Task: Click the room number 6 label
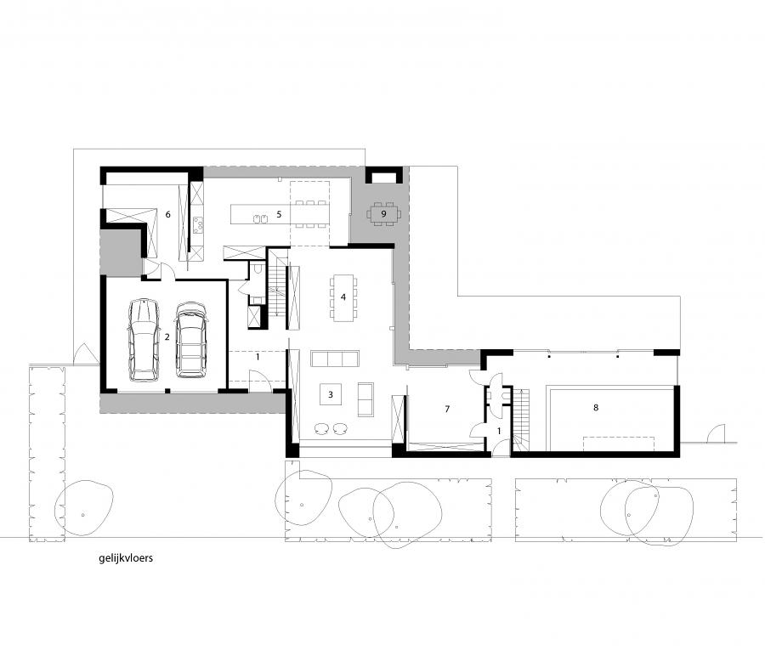pyautogui.click(x=167, y=214)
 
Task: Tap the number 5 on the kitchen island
pyautogui.click(x=279, y=214)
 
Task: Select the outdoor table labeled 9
pyautogui.click(x=383, y=213)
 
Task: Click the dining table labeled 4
pyautogui.click(x=343, y=297)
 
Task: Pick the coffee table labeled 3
pyautogui.click(x=331, y=394)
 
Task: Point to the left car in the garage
pyautogui.click(x=144, y=340)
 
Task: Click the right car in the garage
pyautogui.click(x=191, y=340)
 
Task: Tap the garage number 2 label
pyautogui.click(x=167, y=337)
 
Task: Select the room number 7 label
pyautogui.click(x=447, y=409)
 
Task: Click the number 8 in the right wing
pyautogui.click(x=596, y=407)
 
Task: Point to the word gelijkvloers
pyautogui.click(x=126, y=558)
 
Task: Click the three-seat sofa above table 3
pyautogui.click(x=335, y=359)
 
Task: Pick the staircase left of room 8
pyautogui.click(x=520, y=421)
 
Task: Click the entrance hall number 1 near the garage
pyautogui.click(x=258, y=357)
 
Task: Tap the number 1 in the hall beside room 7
pyautogui.click(x=499, y=431)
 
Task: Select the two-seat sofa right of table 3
pyautogui.click(x=365, y=399)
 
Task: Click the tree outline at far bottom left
pyautogui.click(x=84, y=508)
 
